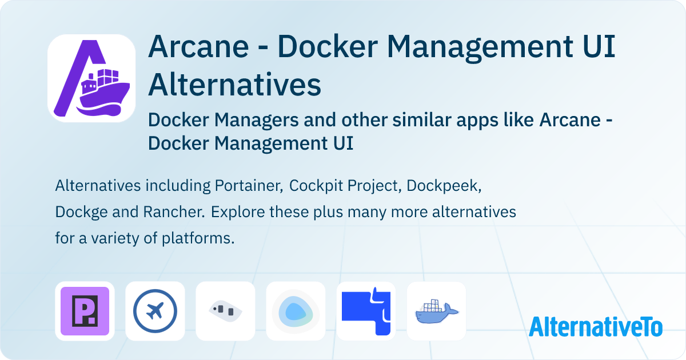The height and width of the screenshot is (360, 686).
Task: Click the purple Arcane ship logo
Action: (91, 78)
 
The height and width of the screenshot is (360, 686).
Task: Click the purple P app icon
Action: (85, 311)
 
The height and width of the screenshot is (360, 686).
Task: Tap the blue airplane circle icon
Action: (155, 311)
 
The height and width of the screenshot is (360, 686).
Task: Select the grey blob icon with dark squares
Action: (225, 311)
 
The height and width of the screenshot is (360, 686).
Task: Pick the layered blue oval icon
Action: (296, 311)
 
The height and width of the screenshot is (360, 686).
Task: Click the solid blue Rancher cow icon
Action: (366, 311)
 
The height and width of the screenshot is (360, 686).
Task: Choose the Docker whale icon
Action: (436, 311)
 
